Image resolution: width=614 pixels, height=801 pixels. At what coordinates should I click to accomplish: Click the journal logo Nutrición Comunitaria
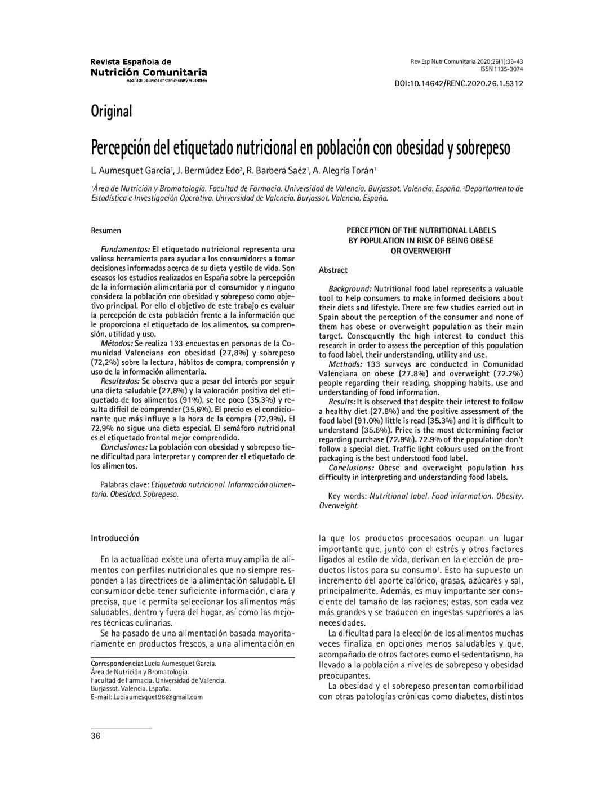(149, 72)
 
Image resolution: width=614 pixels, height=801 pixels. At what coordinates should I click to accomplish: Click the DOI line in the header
(459, 83)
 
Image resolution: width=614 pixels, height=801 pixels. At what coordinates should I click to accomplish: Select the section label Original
(112, 112)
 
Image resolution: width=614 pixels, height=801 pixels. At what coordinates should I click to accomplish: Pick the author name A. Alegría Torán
(344, 170)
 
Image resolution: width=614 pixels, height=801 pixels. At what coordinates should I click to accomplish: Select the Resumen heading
(106, 230)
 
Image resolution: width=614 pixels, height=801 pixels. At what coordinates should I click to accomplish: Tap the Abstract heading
(333, 270)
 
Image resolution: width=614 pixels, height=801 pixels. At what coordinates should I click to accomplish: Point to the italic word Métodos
(117, 344)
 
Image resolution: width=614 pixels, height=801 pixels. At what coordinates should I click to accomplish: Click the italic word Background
(350, 289)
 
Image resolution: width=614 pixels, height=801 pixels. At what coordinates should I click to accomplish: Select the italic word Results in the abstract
(342, 402)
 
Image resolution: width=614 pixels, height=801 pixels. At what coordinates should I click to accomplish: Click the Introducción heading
(115, 539)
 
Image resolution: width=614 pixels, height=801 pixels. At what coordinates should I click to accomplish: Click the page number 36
(96, 736)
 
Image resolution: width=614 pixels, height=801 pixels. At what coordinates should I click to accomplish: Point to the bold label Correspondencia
(117, 664)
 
